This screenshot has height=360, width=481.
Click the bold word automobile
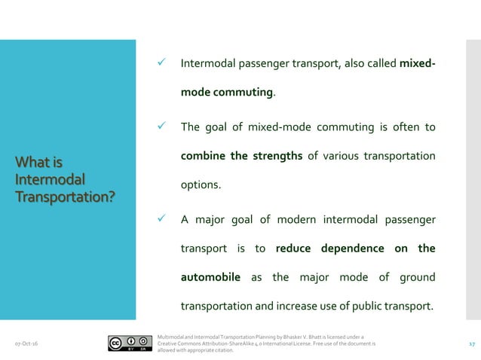(x=210, y=277)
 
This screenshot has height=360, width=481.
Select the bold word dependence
(x=353, y=249)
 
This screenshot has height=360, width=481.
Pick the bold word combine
(x=204, y=156)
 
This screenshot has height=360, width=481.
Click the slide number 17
(x=471, y=343)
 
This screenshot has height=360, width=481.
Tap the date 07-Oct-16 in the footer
(x=27, y=344)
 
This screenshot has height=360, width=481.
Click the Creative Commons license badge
(x=127, y=343)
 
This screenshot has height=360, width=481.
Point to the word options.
(x=200, y=185)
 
